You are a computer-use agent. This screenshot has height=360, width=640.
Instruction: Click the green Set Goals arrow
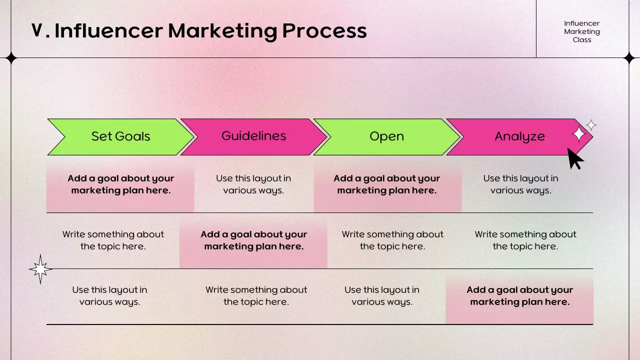click(x=120, y=136)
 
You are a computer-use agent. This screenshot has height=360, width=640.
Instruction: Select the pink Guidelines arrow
click(x=253, y=136)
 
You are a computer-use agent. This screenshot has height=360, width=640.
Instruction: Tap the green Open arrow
click(x=386, y=136)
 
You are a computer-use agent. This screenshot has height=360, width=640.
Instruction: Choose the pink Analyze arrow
click(x=519, y=136)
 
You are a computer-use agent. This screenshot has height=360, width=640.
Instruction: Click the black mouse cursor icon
click(x=575, y=158)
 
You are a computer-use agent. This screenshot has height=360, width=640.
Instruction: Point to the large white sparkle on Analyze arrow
click(x=578, y=134)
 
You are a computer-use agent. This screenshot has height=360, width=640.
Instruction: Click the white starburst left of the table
click(x=40, y=269)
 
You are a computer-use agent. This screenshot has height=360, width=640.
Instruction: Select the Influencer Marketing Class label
click(x=582, y=31)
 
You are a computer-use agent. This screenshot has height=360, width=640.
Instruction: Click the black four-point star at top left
click(x=11, y=58)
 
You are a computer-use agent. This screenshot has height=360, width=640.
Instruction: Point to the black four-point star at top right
click(x=629, y=58)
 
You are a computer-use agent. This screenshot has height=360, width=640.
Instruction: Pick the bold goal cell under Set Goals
click(x=120, y=184)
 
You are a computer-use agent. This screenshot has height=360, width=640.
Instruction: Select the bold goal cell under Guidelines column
click(x=253, y=240)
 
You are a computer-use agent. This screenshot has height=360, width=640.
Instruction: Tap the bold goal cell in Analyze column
click(x=519, y=296)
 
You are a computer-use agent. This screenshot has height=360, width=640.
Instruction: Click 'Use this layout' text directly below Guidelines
click(x=253, y=184)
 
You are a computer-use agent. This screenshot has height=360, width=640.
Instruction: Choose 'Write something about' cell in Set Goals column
click(x=113, y=240)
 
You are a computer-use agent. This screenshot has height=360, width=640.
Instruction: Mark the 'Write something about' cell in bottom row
click(x=256, y=296)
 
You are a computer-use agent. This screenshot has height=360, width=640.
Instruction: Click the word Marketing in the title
click(x=222, y=31)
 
